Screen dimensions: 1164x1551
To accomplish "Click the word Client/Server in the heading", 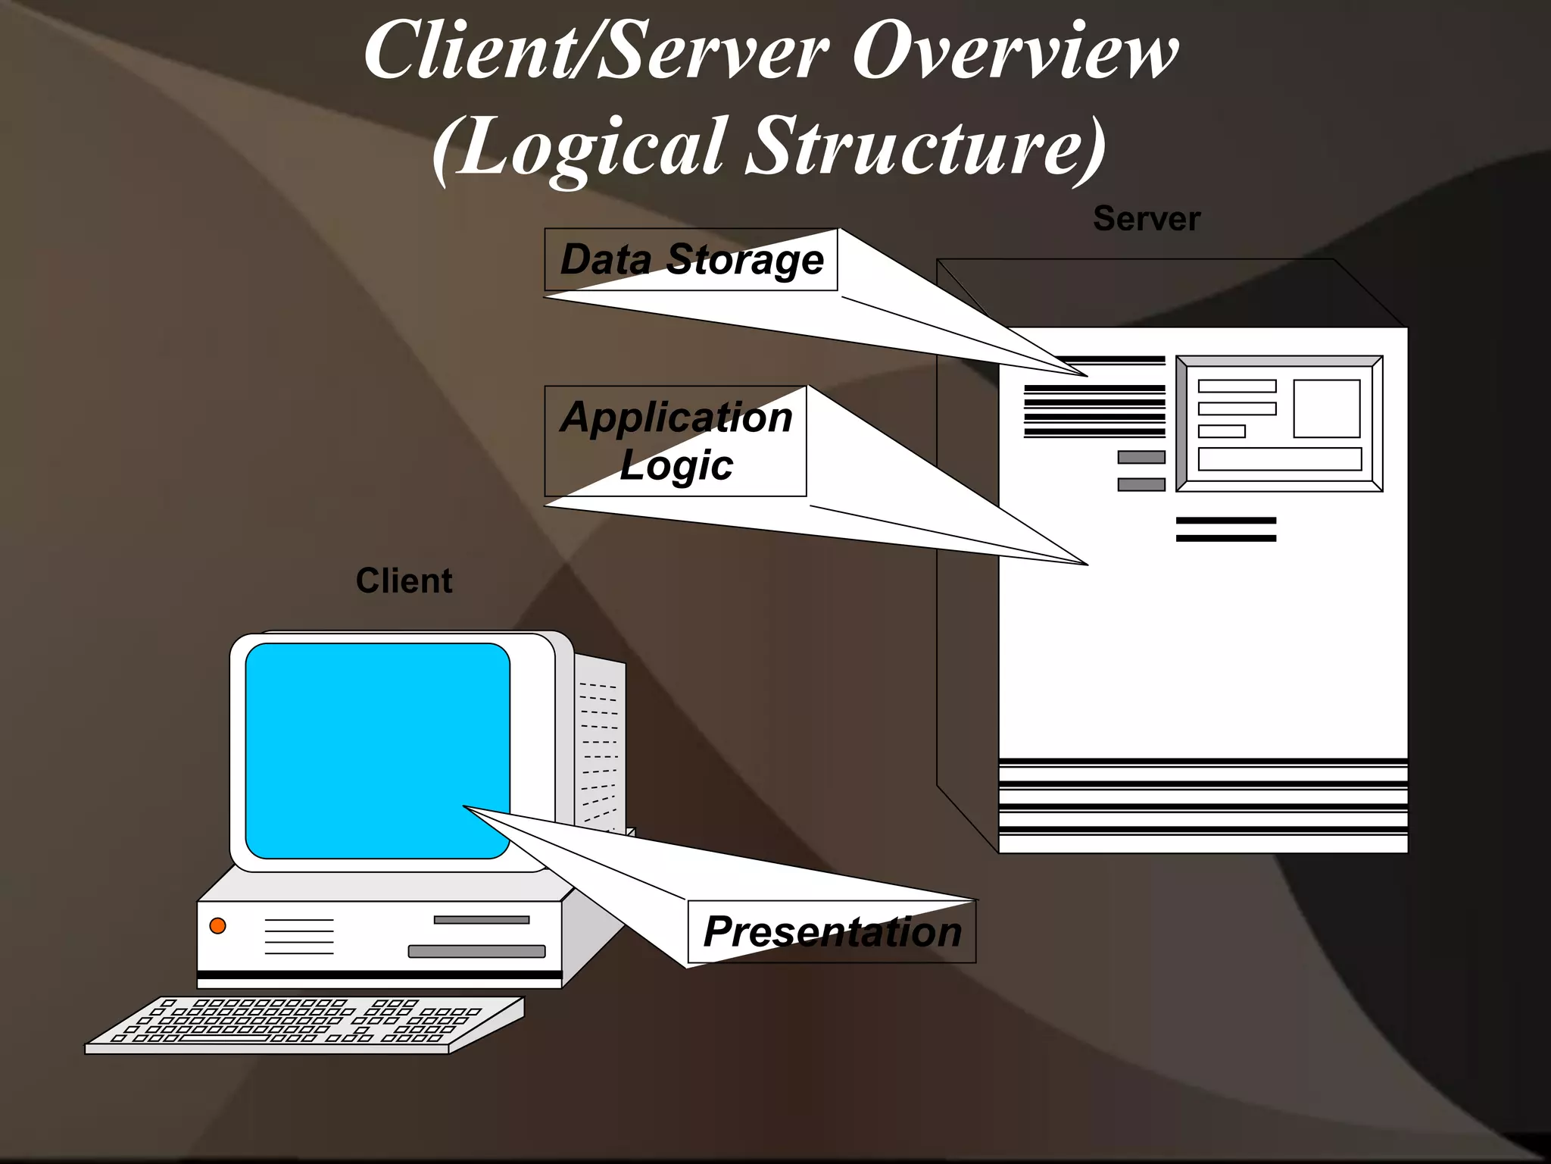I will coord(594,53).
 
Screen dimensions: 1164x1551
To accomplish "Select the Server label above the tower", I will coord(1146,219).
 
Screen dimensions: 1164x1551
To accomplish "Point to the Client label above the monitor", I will coord(404,581).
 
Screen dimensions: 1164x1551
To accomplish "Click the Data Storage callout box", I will coord(691,260).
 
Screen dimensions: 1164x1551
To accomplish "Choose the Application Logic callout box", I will coord(676,441).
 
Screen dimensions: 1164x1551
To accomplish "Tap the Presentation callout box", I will coord(832,931).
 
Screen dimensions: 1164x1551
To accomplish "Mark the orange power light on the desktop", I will coord(217,925).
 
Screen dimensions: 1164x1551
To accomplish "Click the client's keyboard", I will coord(303,1023).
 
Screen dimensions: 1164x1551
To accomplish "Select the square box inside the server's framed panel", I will coord(1326,408).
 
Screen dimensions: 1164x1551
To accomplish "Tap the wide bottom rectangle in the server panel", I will coord(1279,459).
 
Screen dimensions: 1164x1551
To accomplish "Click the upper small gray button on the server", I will coord(1141,457).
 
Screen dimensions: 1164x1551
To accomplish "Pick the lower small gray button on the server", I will coord(1141,484).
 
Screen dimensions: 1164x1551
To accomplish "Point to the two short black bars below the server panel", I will coord(1225,529).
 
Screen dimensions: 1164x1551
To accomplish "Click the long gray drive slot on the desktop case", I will coord(476,951).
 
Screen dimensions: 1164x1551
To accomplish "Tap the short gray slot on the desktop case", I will coord(481,920).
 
